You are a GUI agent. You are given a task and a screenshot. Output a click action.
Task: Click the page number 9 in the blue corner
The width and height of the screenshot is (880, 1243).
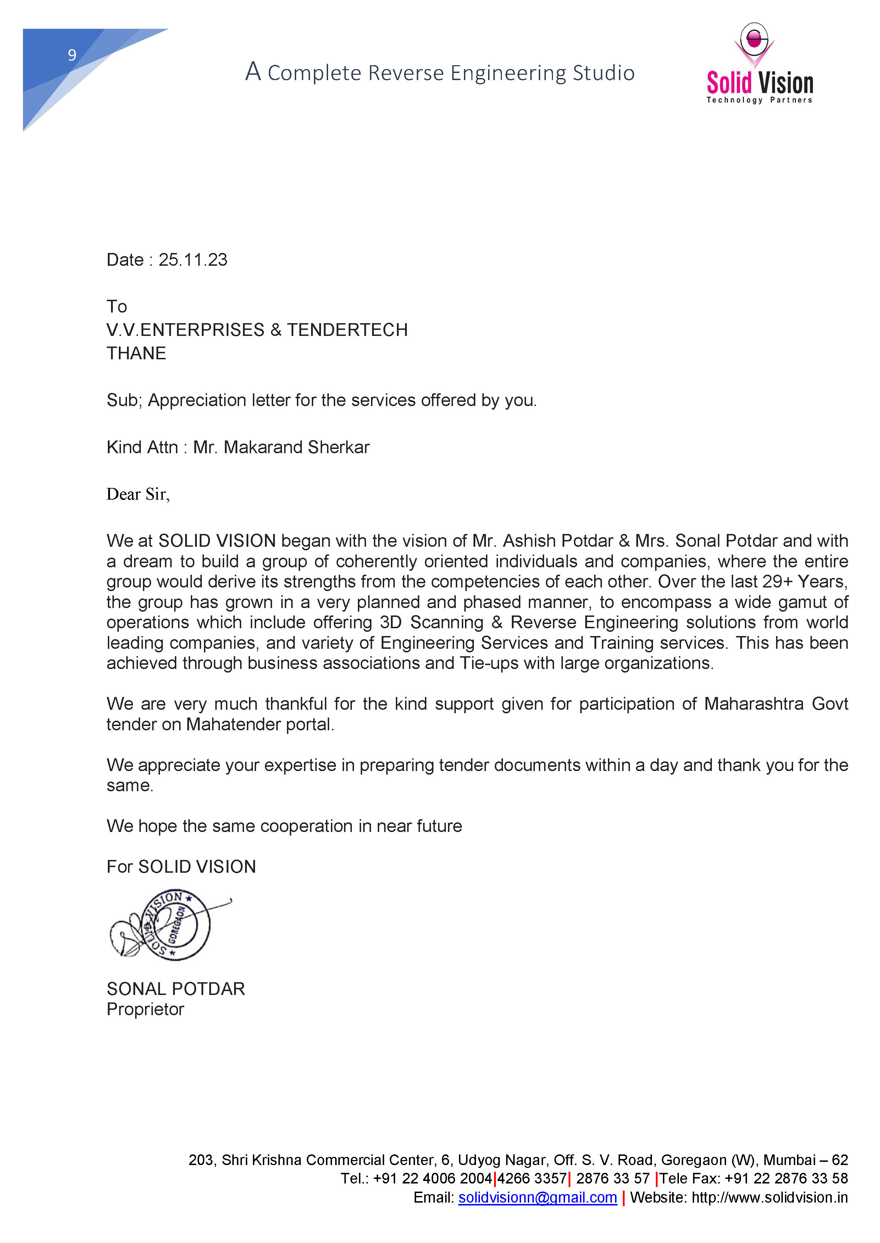tap(72, 55)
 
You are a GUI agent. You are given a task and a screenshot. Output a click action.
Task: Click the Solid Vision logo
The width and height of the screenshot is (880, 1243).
tap(759, 64)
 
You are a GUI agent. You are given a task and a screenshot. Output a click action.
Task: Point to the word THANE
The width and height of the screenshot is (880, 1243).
tap(136, 354)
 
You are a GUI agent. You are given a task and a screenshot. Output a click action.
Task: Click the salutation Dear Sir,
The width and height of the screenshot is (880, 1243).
tap(138, 494)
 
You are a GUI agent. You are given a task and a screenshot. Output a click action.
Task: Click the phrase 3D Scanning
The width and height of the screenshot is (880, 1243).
tap(431, 623)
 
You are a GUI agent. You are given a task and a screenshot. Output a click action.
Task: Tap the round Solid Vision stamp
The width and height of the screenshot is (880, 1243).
tap(175, 925)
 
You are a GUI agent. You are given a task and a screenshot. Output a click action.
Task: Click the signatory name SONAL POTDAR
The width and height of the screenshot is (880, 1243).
tap(176, 989)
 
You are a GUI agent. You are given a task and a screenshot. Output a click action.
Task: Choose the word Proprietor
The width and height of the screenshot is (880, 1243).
tap(145, 1009)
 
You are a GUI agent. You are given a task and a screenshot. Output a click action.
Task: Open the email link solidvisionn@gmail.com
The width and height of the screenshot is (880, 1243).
tap(537, 1198)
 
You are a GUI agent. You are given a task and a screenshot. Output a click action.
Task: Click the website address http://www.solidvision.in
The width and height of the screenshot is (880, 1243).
tap(769, 1198)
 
